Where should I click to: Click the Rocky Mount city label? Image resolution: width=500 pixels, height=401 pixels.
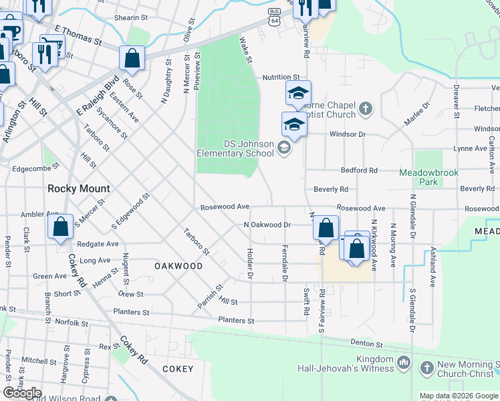pyautogui.click(x=78, y=188)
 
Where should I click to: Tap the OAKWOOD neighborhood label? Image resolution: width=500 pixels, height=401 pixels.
pyautogui.click(x=178, y=266)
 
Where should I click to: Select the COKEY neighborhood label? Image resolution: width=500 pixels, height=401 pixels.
pyautogui.click(x=177, y=369)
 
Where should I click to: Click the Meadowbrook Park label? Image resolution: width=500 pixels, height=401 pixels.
pyautogui.click(x=428, y=177)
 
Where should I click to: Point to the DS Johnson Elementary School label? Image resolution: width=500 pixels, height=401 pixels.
pyautogui.click(x=235, y=148)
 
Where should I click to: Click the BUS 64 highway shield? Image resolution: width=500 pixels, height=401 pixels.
pyautogui.click(x=274, y=18)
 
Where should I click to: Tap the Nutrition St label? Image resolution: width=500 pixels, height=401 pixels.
pyautogui.click(x=281, y=78)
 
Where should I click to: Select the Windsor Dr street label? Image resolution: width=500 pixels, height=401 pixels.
pyautogui.click(x=348, y=134)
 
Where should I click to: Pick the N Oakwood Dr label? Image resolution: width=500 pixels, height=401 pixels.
pyautogui.click(x=267, y=225)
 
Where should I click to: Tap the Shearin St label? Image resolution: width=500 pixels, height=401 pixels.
pyautogui.click(x=130, y=18)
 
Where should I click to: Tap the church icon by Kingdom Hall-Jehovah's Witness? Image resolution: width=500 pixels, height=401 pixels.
pyautogui.click(x=403, y=362)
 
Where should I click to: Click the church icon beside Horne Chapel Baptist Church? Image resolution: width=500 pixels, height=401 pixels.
pyautogui.click(x=365, y=108)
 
